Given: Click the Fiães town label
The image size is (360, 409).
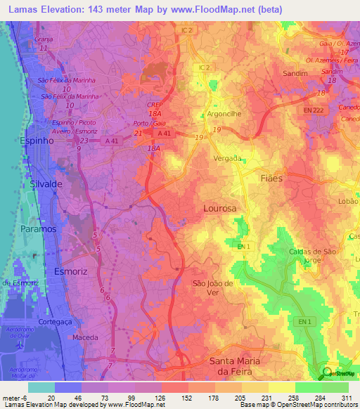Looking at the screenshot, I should (271, 178).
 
